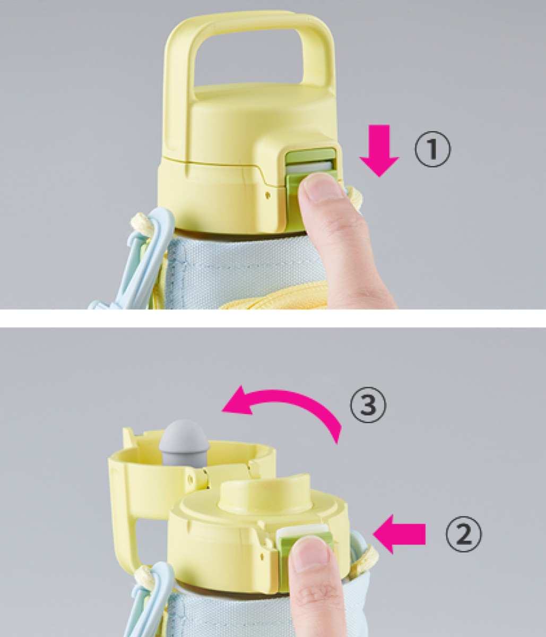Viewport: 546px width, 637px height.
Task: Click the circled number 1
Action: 432,149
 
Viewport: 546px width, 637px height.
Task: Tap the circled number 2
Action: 463,535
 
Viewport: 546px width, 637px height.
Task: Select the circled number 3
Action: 368,404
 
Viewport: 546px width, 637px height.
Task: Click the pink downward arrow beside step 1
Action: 379,151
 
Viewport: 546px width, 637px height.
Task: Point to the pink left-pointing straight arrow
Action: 399,534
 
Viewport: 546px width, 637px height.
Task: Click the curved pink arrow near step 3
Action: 287,398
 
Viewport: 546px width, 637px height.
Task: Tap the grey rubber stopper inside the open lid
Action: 184,443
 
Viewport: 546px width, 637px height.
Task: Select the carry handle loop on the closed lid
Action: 249,51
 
